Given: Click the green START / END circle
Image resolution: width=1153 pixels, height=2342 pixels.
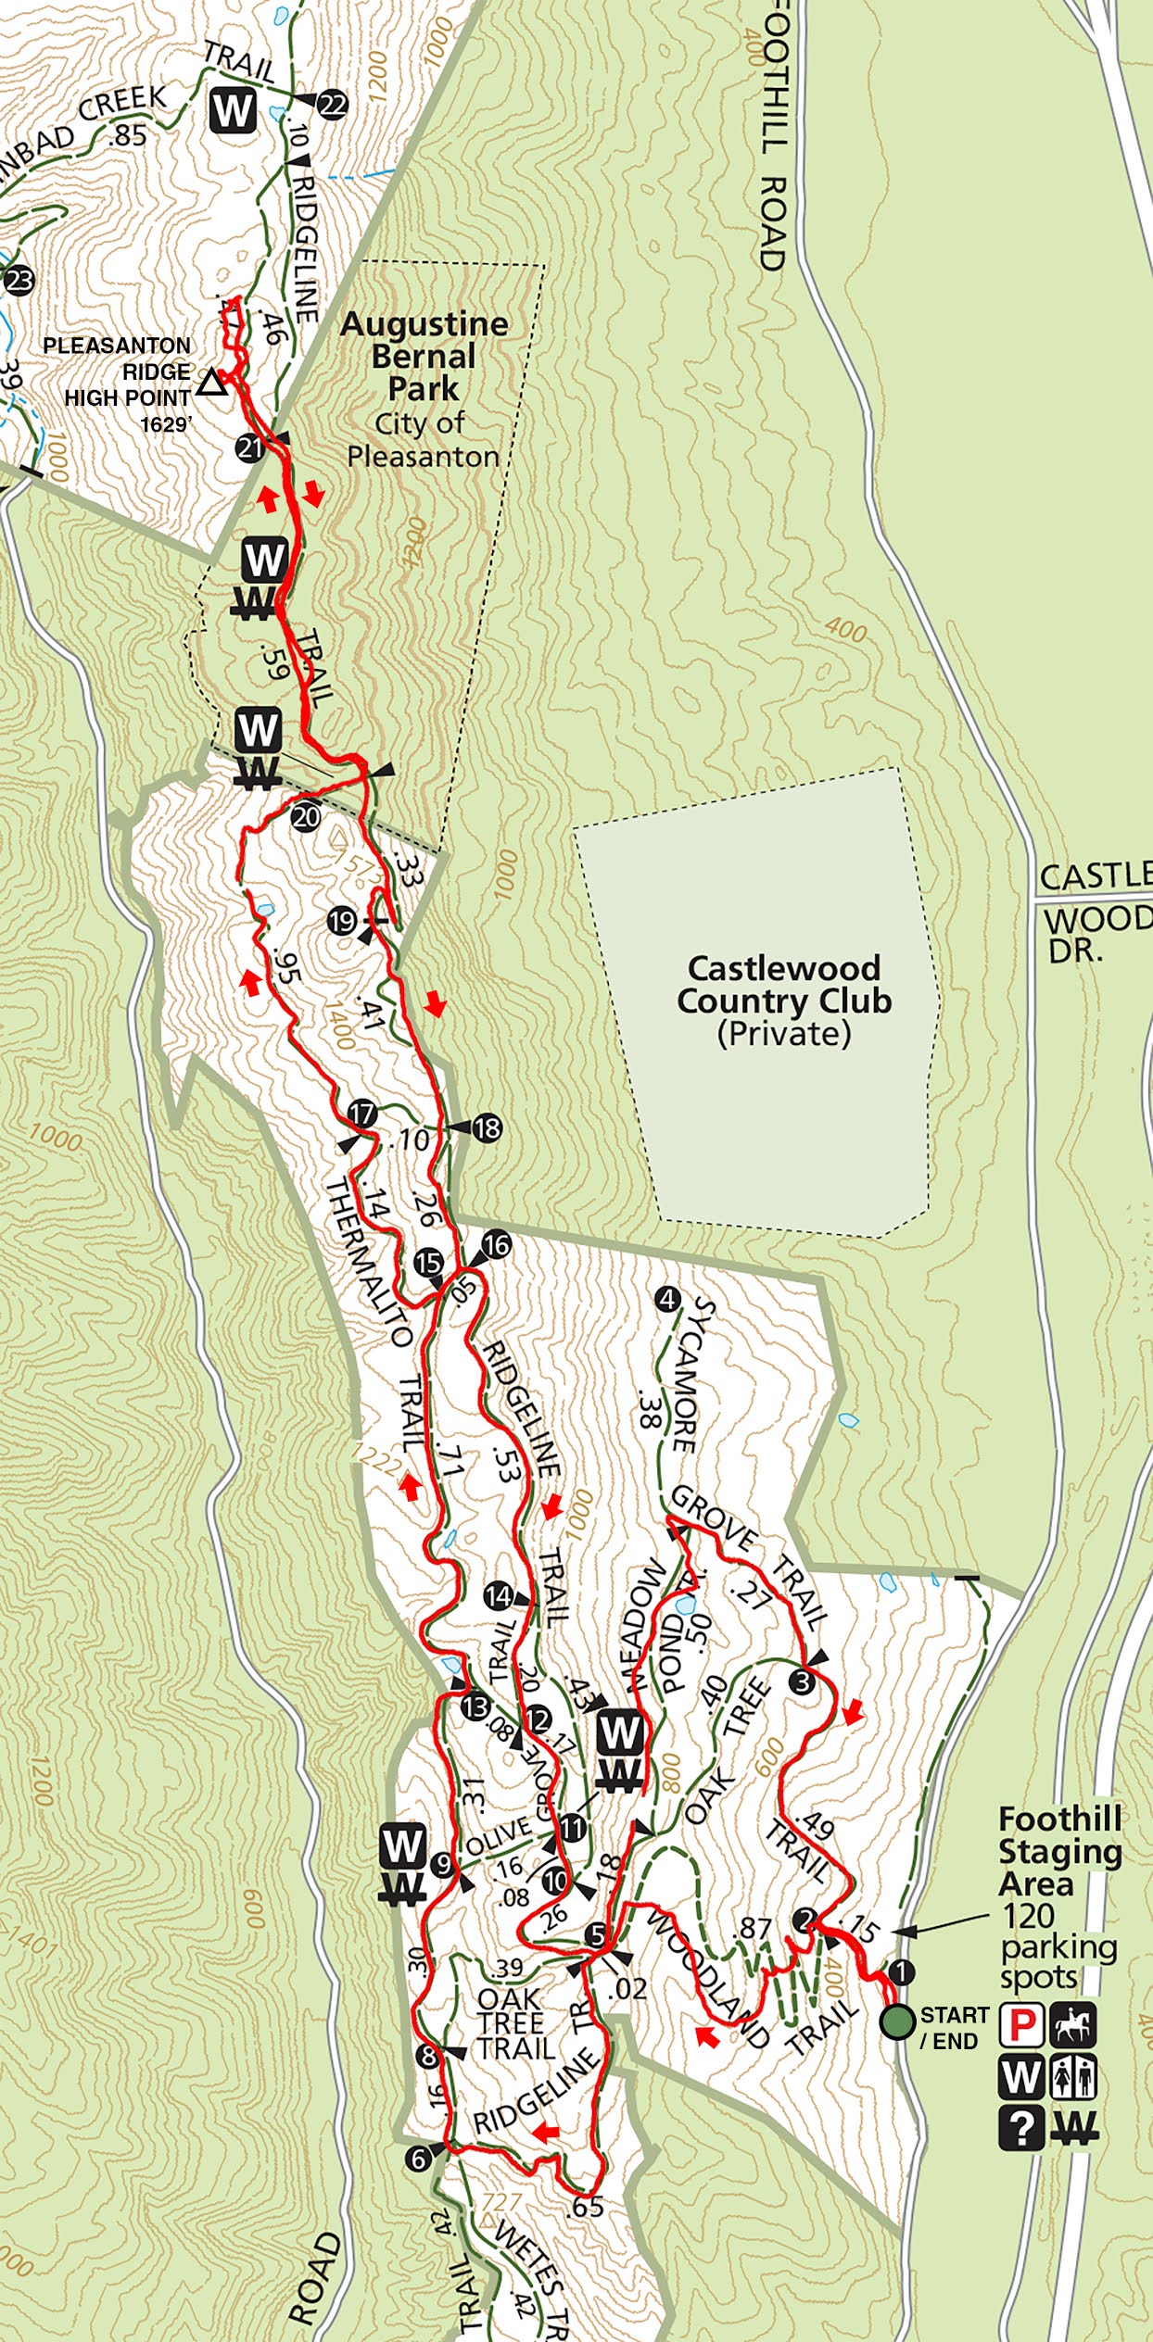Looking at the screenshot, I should click(897, 2021).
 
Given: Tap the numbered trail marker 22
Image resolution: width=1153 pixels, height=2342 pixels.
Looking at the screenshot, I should click(332, 105).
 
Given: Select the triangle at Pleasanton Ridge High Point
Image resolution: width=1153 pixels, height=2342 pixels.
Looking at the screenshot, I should click(212, 383).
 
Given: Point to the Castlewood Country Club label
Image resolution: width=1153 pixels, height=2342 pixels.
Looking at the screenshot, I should click(784, 1001).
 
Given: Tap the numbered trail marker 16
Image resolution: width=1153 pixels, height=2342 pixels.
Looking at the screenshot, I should click(497, 1244).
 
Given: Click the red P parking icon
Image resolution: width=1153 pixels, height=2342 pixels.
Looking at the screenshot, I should click(1021, 2024).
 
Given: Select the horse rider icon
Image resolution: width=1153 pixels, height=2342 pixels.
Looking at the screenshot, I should click(1074, 2024).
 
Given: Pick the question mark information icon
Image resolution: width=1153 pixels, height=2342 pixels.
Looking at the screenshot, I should click(1021, 2128).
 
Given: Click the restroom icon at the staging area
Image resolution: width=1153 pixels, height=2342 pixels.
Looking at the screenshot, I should click(1074, 2076).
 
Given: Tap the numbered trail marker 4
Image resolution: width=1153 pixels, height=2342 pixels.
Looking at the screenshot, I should click(667, 1299).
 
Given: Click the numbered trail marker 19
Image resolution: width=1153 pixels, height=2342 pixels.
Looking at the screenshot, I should click(342, 921).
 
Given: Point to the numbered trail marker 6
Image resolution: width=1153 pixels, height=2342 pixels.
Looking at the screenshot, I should click(419, 2159).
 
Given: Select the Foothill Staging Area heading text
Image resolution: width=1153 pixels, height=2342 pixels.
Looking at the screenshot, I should click(1059, 1851).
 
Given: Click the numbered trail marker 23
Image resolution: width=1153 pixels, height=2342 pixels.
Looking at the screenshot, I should click(19, 280).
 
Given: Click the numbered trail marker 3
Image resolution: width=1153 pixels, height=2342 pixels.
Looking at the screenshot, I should click(803, 1681).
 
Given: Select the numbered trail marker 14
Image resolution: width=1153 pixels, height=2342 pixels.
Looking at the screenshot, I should click(498, 1595).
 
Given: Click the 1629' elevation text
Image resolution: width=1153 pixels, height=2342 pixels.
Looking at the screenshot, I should click(166, 424).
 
